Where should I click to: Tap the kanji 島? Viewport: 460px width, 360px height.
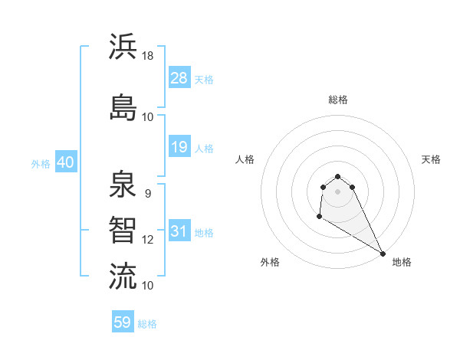click(x=123, y=107)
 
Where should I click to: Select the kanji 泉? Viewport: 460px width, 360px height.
click(x=123, y=185)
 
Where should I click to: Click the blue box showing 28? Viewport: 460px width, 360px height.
click(x=179, y=78)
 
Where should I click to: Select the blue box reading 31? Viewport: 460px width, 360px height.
click(x=179, y=231)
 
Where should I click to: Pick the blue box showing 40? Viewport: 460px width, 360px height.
click(x=65, y=162)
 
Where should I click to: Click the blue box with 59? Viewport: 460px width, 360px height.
click(x=123, y=322)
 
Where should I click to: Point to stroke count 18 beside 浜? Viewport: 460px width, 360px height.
click(x=148, y=55)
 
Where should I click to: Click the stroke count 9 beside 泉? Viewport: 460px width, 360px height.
click(x=148, y=193)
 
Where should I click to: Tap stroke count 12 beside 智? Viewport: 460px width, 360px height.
click(x=148, y=239)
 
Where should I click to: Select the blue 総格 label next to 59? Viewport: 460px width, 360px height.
click(x=147, y=324)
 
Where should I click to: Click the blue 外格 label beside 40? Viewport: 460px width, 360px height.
click(x=41, y=164)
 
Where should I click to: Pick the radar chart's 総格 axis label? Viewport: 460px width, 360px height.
click(x=337, y=100)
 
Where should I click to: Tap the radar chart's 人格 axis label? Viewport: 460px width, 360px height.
click(x=245, y=159)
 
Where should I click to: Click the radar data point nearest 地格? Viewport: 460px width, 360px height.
click(x=383, y=253)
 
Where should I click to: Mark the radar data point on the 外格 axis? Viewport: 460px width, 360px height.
click(x=319, y=217)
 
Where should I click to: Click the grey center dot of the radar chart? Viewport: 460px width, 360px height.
click(x=337, y=191)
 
